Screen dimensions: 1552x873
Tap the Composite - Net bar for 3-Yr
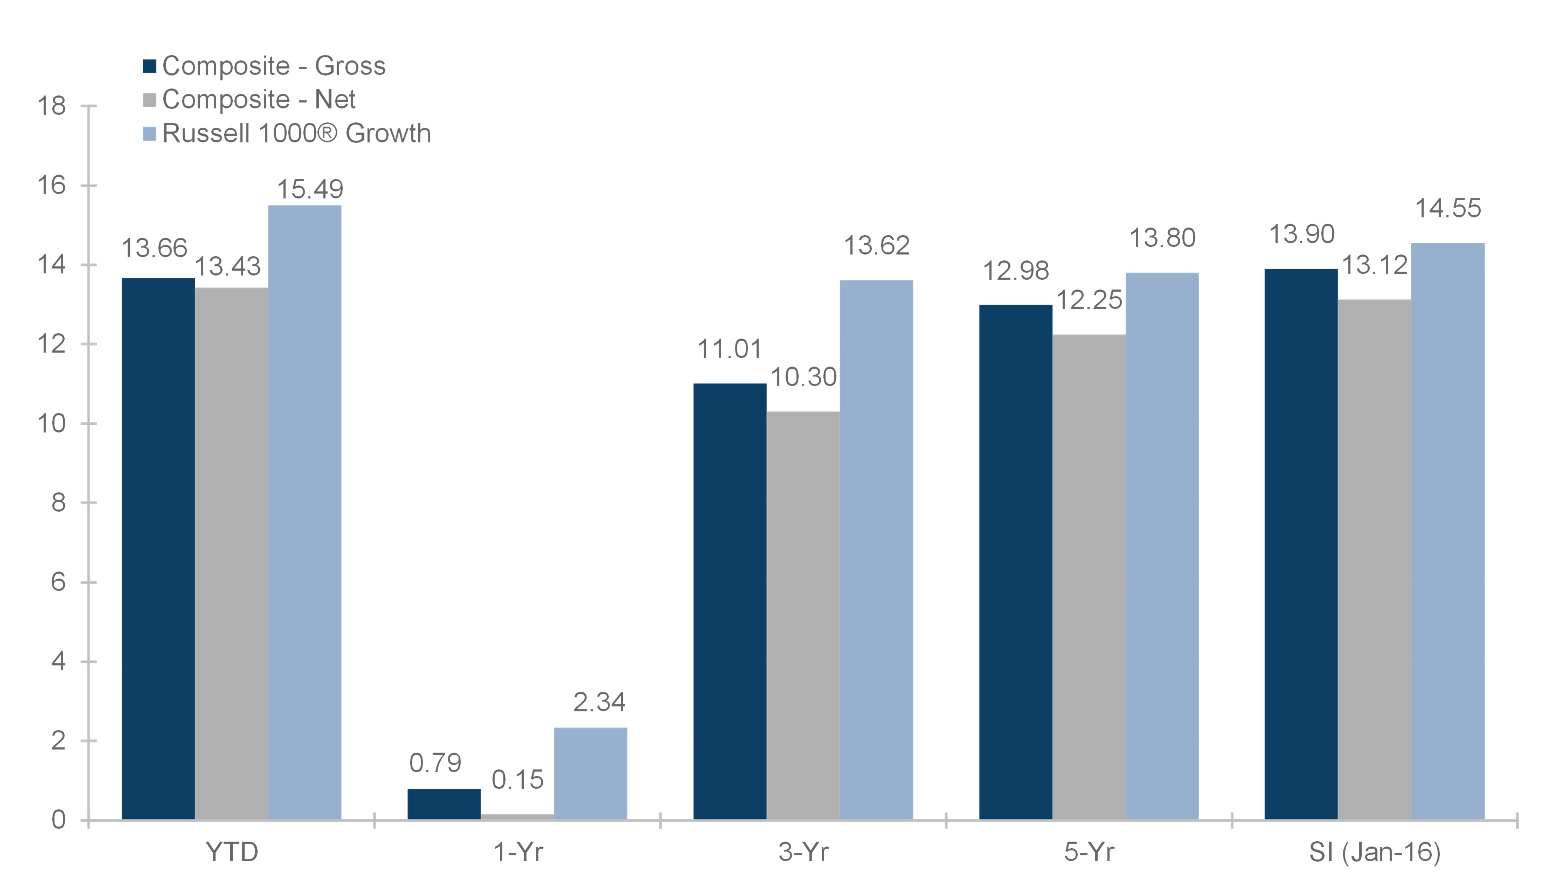click(x=803, y=616)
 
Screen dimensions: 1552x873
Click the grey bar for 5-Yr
click(x=1089, y=577)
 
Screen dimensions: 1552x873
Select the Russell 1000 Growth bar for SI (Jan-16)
click(x=1448, y=531)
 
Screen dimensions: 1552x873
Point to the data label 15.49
click(x=310, y=189)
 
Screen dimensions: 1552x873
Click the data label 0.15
click(x=518, y=780)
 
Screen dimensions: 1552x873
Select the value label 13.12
click(x=1375, y=265)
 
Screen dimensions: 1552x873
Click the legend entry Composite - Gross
click(x=264, y=66)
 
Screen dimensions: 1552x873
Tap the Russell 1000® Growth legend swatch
click(x=149, y=133)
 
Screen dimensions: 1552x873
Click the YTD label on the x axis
click(x=232, y=852)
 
